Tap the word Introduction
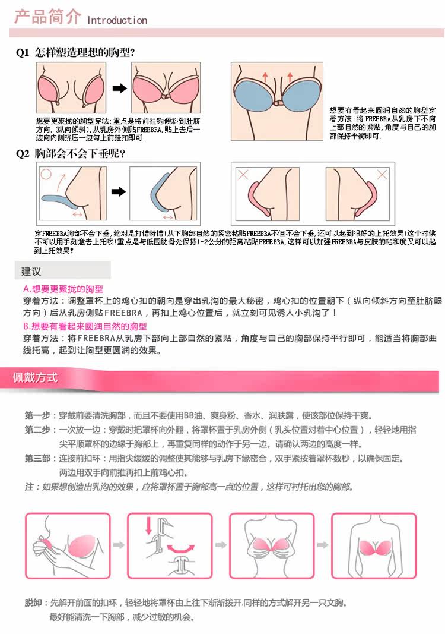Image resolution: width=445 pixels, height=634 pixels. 117,20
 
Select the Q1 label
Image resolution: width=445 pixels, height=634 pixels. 23,52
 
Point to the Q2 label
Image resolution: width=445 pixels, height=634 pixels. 23,153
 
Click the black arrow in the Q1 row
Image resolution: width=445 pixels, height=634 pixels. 120,89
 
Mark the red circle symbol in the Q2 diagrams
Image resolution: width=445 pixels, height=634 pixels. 46,175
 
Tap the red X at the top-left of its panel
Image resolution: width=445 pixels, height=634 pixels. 243,175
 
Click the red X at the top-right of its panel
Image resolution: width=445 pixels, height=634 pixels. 382,175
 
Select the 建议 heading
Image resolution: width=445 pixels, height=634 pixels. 31,271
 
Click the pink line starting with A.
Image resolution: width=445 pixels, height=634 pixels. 63,289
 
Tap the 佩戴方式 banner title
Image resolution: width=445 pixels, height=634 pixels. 36,378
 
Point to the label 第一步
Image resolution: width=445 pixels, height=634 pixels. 37,415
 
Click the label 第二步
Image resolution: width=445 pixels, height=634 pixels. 37,430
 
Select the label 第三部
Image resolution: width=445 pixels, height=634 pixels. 37,459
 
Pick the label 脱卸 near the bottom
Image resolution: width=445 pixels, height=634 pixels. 33,603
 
